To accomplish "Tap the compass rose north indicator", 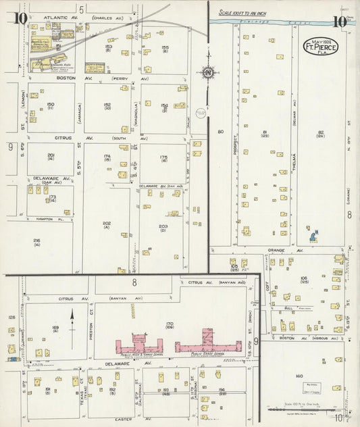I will [209, 73].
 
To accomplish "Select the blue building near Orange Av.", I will [313, 236].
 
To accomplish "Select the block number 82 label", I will [321, 132].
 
